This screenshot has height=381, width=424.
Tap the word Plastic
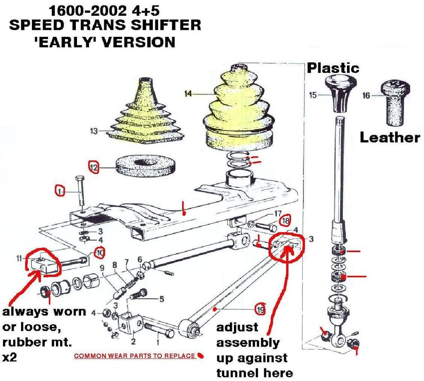(332, 68)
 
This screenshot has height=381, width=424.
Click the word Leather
(389, 138)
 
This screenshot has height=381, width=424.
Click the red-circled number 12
(94, 167)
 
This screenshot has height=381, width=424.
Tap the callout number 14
(188, 94)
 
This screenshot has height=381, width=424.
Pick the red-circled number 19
(260, 309)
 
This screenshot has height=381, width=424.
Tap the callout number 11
(19, 259)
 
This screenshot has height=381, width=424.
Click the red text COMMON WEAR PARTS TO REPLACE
(134, 356)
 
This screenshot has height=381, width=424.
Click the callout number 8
(114, 265)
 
